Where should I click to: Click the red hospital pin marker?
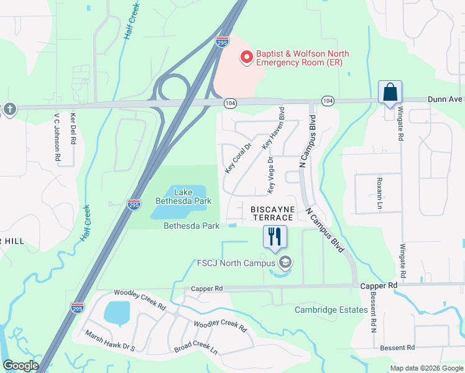(246, 57)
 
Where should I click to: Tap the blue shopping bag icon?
(390, 92)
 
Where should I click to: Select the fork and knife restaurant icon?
(274, 236)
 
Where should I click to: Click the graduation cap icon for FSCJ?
(285, 263)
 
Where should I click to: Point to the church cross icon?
(9, 109)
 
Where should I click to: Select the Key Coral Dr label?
(237, 158)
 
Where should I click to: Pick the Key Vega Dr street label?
(270, 174)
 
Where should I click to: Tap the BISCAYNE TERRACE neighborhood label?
(272, 214)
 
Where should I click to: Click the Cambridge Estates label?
(331, 310)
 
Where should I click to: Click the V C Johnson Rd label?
(57, 137)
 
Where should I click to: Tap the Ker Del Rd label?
(73, 129)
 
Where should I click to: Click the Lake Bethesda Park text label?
(183, 196)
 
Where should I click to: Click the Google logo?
(21, 366)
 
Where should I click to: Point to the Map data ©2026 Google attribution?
(426, 368)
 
